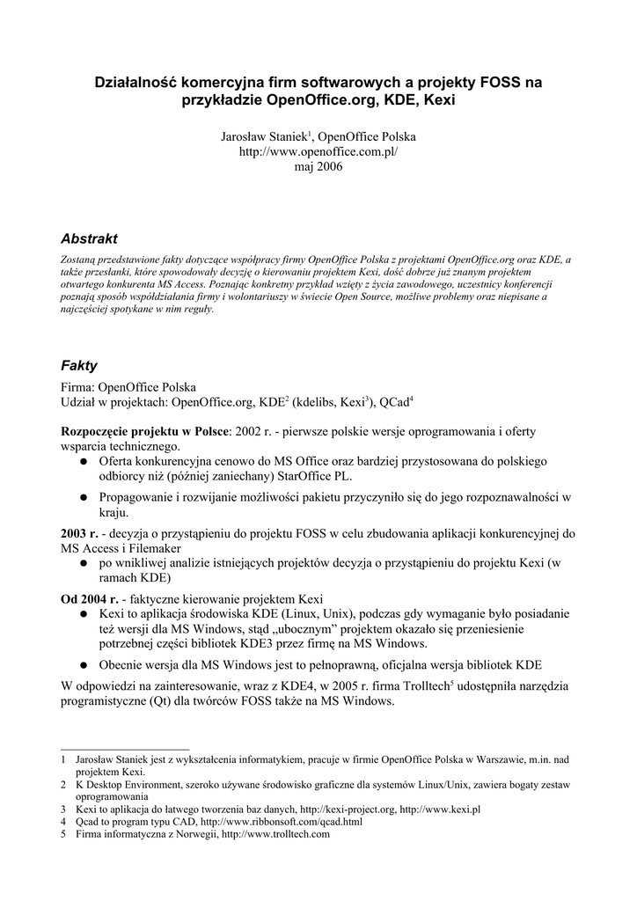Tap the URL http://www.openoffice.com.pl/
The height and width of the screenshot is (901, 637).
pyautogui.click(x=318, y=151)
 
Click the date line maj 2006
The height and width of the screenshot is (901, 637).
pyautogui.click(x=318, y=166)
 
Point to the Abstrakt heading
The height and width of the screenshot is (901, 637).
pyautogui.click(x=89, y=238)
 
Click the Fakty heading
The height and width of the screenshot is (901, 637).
pyautogui.click(x=79, y=365)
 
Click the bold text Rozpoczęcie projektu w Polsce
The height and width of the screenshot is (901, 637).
pyautogui.click(x=144, y=432)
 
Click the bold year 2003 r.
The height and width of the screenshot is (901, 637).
pyautogui.click(x=79, y=533)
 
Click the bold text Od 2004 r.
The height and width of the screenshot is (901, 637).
pyautogui.click(x=89, y=597)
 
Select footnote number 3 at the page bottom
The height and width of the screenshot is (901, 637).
pyautogui.click(x=63, y=808)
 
